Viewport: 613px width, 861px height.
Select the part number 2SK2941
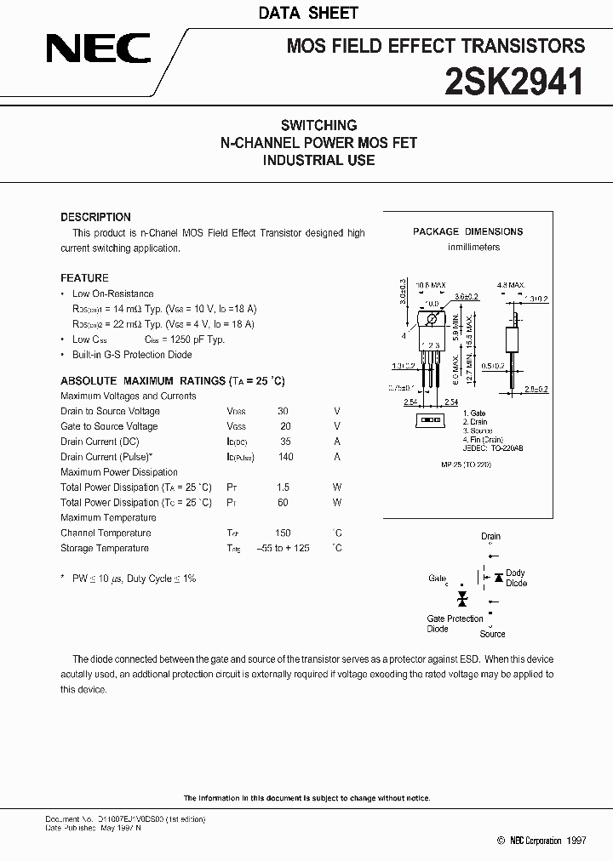point(514,82)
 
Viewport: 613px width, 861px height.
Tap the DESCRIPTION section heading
point(95,217)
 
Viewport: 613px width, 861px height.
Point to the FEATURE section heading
point(84,278)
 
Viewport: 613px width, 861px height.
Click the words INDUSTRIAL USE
point(318,160)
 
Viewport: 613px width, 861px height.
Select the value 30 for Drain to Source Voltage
point(284,411)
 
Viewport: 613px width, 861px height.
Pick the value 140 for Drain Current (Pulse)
point(285,457)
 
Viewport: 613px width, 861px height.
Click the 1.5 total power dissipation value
point(283,488)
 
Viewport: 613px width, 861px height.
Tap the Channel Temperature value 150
point(284,533)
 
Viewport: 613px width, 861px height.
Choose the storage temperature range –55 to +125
point(283,549)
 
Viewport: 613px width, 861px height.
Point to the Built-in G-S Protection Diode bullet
point(131,355)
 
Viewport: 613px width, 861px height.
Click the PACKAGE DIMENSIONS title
point(467,231)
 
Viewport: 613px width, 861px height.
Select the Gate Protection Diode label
point(454,624)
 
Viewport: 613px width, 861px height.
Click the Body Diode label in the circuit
point(516,578)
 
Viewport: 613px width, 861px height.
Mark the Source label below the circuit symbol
point(492,634)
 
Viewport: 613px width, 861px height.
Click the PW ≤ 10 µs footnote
point(133,579)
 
